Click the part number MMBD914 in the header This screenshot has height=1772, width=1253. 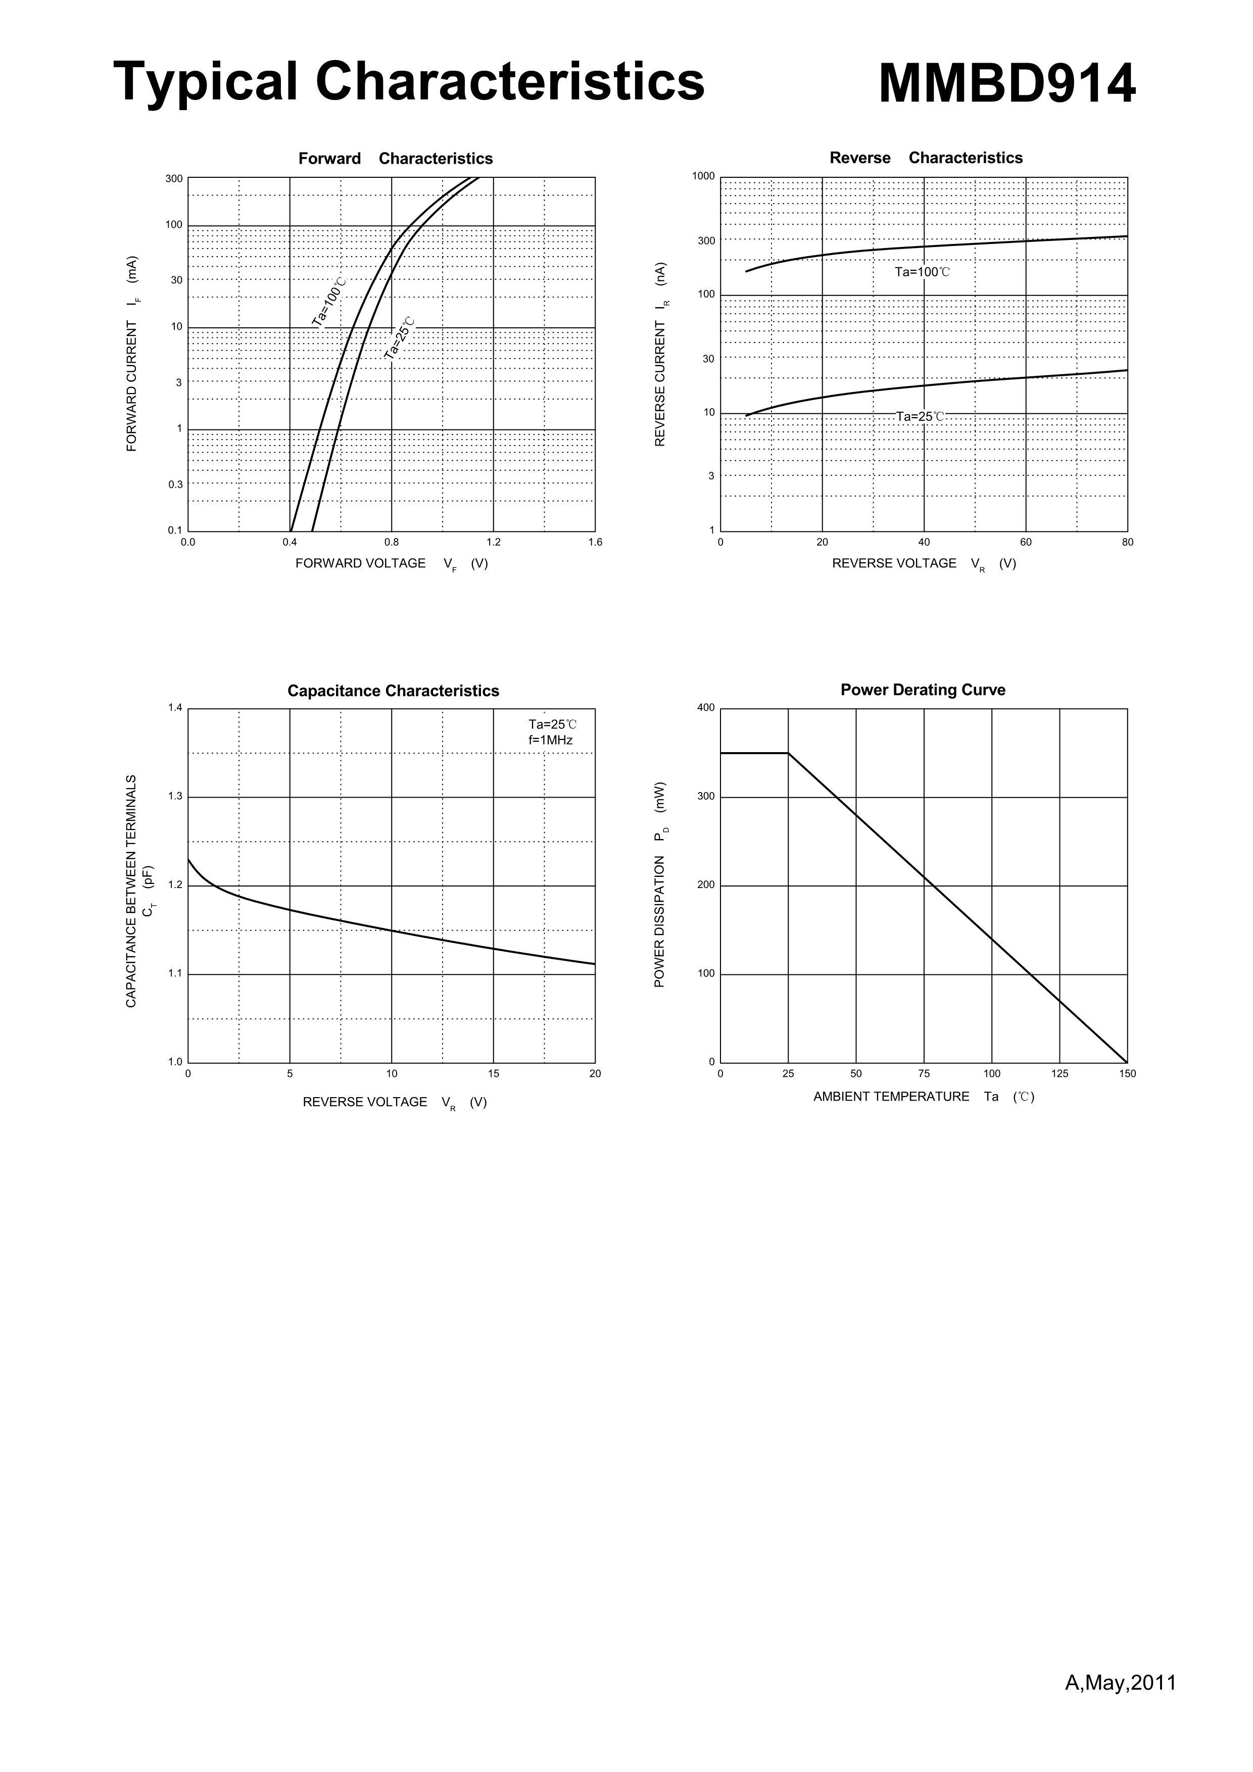pyautogui.click(x=1007, y=83)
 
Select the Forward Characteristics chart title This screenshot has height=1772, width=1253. pyautogui.click(x=395, y=158)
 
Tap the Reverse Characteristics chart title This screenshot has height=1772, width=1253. pyautogui.click(x=926, y=158)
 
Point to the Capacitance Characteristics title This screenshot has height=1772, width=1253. pyautogui.click(x=393, y=691)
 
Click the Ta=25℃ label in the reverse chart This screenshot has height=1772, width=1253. pyautogui.click(x=920, y=417)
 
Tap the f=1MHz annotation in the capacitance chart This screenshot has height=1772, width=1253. pyautogui.click(x=550, y=740)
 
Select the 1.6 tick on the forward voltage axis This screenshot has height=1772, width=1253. pyautogui.click(x=595, y=542)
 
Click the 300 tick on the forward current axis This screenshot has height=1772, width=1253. pyautogui.click(x=174, y=179)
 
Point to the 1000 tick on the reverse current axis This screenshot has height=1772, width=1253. pyautogui.click(x=703, y=176)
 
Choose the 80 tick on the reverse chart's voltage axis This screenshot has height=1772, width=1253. pyautogui.click(x=1127, y=543)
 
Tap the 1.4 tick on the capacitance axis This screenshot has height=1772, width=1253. pyautogui.click(x=175, y=708)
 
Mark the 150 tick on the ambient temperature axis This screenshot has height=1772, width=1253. pyautogui.click(x=1127, y=1073)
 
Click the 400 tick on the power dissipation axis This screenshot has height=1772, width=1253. pyautogui.click(x=706, y=708)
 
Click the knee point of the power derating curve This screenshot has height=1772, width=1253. pyautogui.click(x=788, y=753)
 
